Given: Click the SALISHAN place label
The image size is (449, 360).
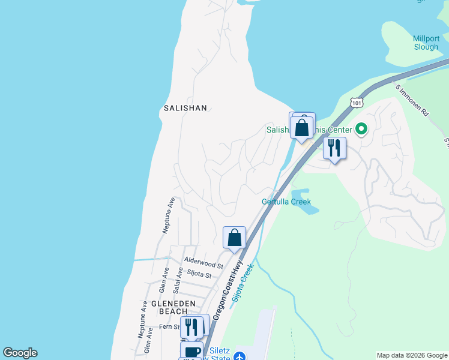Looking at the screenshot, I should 185,109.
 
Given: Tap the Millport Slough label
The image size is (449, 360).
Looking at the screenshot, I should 426,43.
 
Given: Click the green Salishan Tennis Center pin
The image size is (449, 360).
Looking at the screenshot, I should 361,128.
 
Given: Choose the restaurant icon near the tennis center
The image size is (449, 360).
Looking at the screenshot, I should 334,147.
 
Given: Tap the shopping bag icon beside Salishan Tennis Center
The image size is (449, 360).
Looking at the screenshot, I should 301,128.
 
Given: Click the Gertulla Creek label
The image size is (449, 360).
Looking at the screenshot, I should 286,202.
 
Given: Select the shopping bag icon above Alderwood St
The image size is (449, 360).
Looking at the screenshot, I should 234,238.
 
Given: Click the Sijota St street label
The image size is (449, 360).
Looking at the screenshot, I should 199,275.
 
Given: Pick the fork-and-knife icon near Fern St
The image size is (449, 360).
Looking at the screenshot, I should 191,327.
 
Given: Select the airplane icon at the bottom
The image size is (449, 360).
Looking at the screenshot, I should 240,356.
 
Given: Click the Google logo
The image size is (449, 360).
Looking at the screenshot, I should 20,353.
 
